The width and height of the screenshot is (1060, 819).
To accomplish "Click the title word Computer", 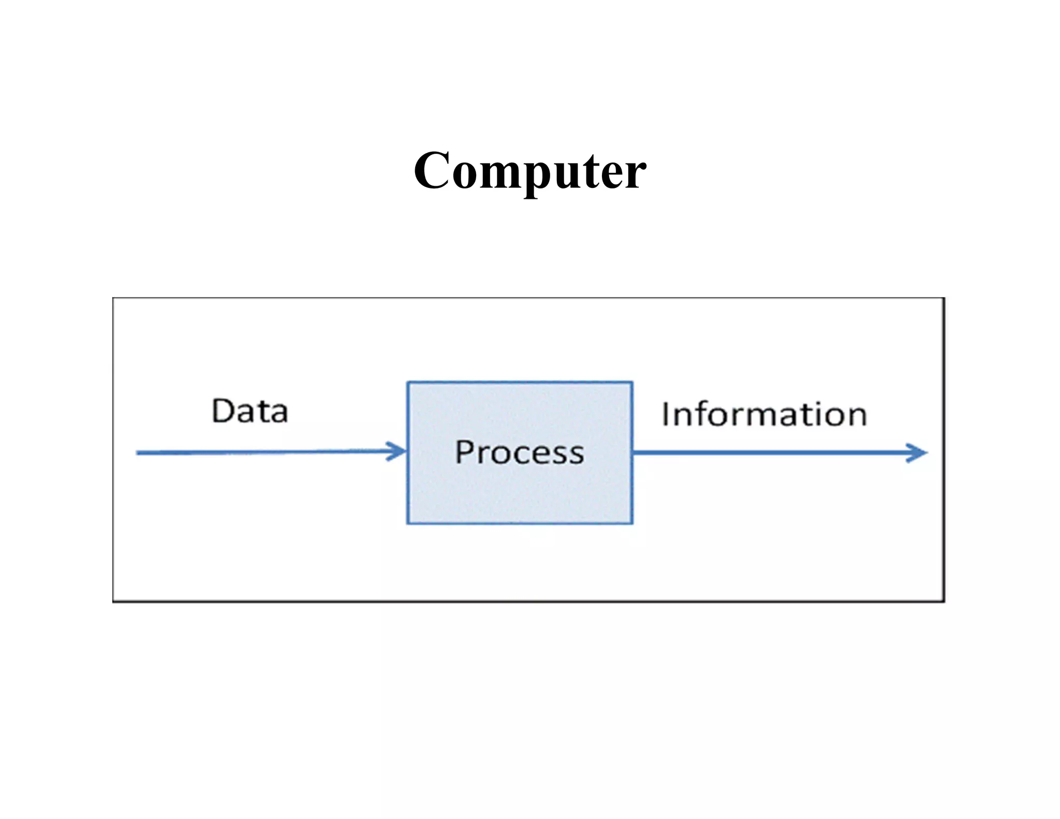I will [x=529, y=171].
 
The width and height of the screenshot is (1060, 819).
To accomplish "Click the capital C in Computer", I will [x=433, y=171].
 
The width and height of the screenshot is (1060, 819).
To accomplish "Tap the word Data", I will [x=250, y=411].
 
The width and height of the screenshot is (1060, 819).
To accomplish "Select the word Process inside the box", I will [x=520, y=452].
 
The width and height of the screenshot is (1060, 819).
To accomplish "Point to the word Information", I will [x=764, y=415].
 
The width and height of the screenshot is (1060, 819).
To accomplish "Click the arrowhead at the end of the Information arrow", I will [x=919, y=453].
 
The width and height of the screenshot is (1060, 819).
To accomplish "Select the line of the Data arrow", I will [x=259, y=452].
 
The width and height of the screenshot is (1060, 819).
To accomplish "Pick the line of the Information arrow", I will [x=766, y=453].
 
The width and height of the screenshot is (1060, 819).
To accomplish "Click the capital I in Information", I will [x=665, y=415].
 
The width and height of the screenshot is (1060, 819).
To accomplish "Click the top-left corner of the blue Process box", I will [x=408, y=383].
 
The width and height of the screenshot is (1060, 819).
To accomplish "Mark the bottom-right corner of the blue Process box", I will [x=632, y=523].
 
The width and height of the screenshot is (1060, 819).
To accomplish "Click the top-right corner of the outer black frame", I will [x=944, y=298].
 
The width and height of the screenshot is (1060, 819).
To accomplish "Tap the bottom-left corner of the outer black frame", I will [x=113, y=601].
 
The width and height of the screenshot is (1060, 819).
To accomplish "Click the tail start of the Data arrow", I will [x=138, y=453].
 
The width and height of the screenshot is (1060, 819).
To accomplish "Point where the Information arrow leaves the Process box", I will [x=634, y=453].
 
